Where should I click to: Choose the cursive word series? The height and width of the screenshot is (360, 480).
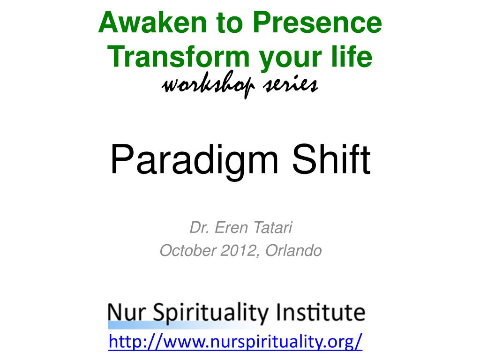pyautogui.click(x=291, y=85)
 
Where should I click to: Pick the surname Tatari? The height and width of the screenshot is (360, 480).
pyautogui.click(x=274, y=228)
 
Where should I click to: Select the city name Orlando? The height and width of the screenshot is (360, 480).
pyautogui.click(x=293, y=251)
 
